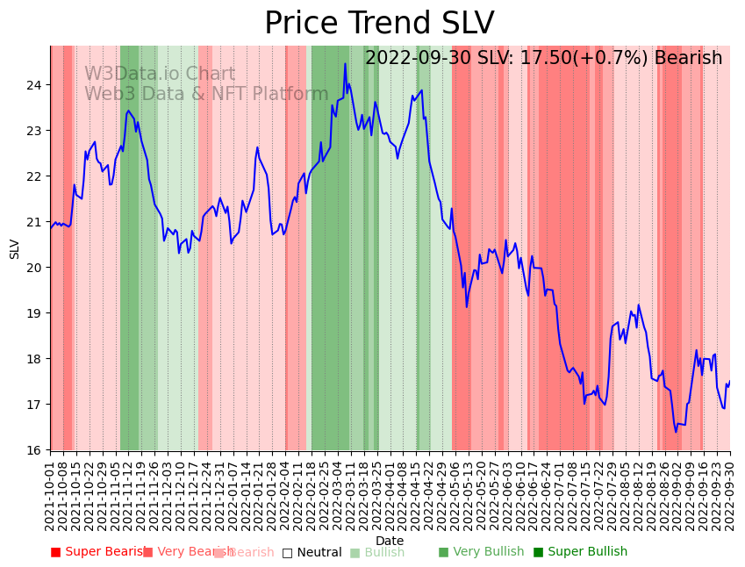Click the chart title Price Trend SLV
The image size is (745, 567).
pyautogui.click(x=379, y=24)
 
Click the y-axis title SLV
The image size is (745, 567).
pyautogui.click(x=15, y=248)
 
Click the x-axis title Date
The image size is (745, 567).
pyautogui.click(x=390, y=541)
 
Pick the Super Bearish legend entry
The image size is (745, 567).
pyautogui.click(x=98, y=552)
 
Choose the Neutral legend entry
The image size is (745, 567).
pyautogui.click(x=312, y=552)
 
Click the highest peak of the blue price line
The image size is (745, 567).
pyautogui.click(x=345, y=63)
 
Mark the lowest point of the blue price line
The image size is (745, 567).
pyautogui.click(x=676, y=432)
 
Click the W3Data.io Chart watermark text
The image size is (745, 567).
pyautogui.click(x=160, y=75)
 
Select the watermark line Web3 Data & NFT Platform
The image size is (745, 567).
pyautogui.click(x=206, y=94)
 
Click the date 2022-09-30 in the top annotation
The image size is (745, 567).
pyautogui.click(x=418, y=58)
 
